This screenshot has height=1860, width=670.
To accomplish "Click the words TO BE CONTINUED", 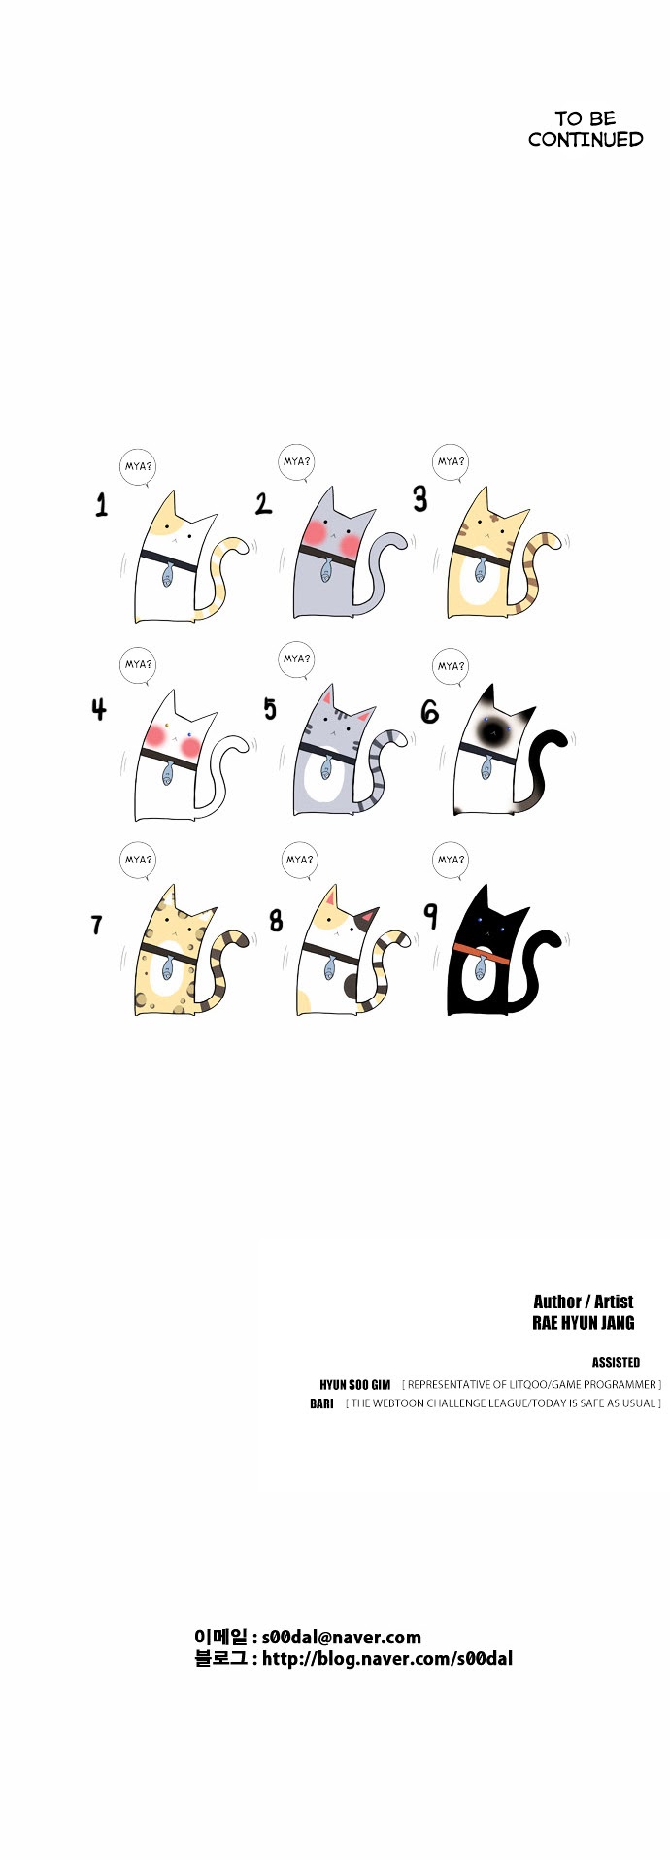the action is [x=586, y=129].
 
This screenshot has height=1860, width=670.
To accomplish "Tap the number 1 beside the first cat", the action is [x=102, y=504].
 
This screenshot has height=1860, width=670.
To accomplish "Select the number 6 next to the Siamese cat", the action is [x=429, y=712].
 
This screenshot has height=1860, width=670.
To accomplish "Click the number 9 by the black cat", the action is [x=431, y=915].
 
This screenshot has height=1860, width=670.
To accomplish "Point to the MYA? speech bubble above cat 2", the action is [x=296, y=462].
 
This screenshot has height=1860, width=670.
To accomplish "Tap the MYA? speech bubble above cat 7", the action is [x=138, y=860].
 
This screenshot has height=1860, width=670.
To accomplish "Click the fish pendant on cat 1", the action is [x=167, y=575].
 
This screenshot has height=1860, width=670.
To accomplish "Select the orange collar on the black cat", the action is [x=481, y=951].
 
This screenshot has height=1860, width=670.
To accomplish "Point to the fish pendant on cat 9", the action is [x=480, y=968].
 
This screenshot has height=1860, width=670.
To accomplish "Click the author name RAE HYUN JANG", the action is [x=584, y=1323].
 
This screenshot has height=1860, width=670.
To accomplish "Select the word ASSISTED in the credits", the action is [x=616, y=1362].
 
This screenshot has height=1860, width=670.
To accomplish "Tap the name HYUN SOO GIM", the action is [x=354, y=1385].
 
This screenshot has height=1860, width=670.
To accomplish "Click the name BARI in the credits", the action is [x=321, y=1403].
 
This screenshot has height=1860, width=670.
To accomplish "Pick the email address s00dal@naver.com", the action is [x=342, y=1637].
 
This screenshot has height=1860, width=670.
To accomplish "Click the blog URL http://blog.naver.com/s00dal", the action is [x=387, y=1659].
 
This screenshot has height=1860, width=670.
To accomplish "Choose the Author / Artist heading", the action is [x=583, y=1302].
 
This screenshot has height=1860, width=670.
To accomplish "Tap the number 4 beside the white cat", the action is [x=99, y=709].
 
